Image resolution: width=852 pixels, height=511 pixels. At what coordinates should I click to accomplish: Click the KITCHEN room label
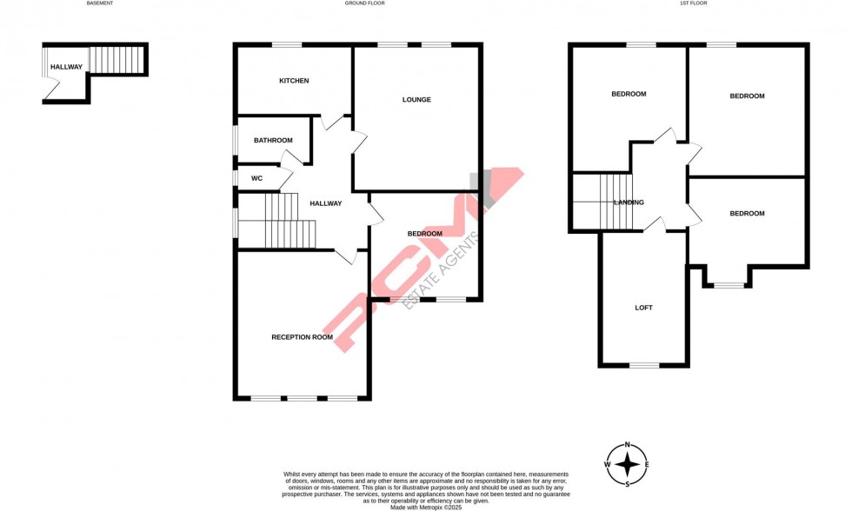294,81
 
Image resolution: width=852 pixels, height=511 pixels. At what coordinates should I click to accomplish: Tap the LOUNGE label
416,100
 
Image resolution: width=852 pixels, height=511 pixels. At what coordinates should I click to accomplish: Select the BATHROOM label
273,140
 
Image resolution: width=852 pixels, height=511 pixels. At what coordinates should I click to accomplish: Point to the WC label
256,178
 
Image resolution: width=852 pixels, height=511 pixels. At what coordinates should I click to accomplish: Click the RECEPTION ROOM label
302,336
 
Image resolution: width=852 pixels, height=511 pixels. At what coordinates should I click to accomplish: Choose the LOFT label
643,308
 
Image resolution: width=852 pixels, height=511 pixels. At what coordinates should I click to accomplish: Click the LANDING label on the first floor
629,202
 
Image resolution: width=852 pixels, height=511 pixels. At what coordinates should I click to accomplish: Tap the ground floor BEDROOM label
425,234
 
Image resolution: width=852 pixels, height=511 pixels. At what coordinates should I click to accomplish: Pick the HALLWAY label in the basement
66,67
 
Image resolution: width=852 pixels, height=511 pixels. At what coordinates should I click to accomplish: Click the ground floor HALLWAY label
326,203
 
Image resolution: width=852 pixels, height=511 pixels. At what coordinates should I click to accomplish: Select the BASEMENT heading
100,3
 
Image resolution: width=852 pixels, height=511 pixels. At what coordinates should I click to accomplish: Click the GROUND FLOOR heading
364,3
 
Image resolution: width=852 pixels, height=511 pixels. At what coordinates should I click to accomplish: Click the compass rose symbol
627,465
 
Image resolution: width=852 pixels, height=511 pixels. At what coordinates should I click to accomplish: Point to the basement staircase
116,60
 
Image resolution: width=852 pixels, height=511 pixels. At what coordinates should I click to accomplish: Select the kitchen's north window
287,45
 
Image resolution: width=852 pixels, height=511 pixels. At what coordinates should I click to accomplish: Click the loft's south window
644,365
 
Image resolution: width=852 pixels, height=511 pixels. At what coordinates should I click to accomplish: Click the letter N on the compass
627,445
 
